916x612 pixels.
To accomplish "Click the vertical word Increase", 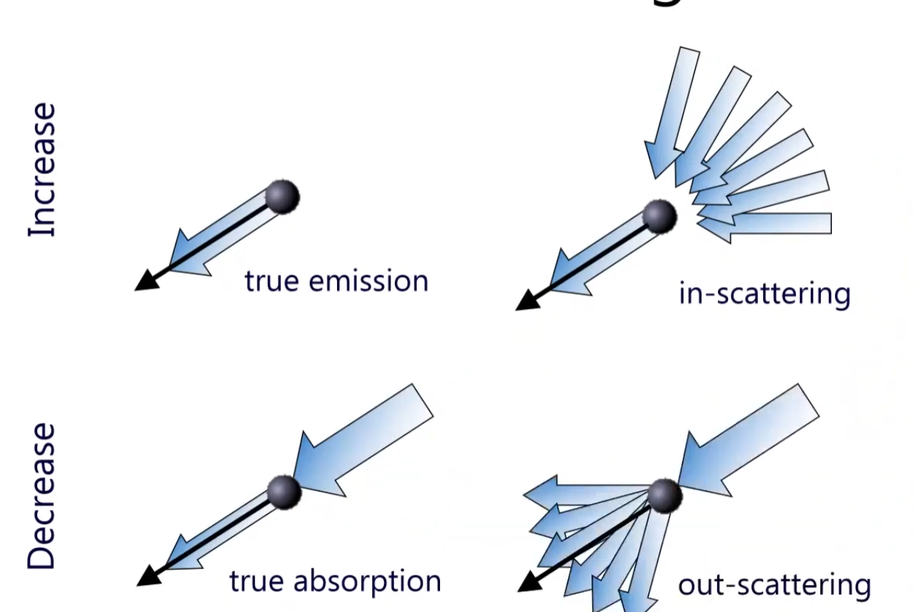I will tap(42, 170).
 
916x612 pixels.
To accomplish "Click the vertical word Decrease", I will tap(42, 496).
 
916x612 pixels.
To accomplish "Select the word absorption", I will tap(367, 581).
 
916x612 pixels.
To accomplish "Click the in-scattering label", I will tap(764, 294).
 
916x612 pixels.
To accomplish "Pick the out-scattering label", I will tap(774, 585).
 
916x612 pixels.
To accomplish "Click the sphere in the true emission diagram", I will tap(282, 196).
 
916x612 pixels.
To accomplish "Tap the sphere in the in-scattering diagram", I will tap(660, 216).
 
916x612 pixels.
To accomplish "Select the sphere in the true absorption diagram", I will tap(284, 492).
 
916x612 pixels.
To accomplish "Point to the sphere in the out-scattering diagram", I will tap(665, 496).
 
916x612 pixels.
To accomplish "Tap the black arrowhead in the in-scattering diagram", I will tap(527, 300).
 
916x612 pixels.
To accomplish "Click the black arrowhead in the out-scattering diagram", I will tap(529, 582).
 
